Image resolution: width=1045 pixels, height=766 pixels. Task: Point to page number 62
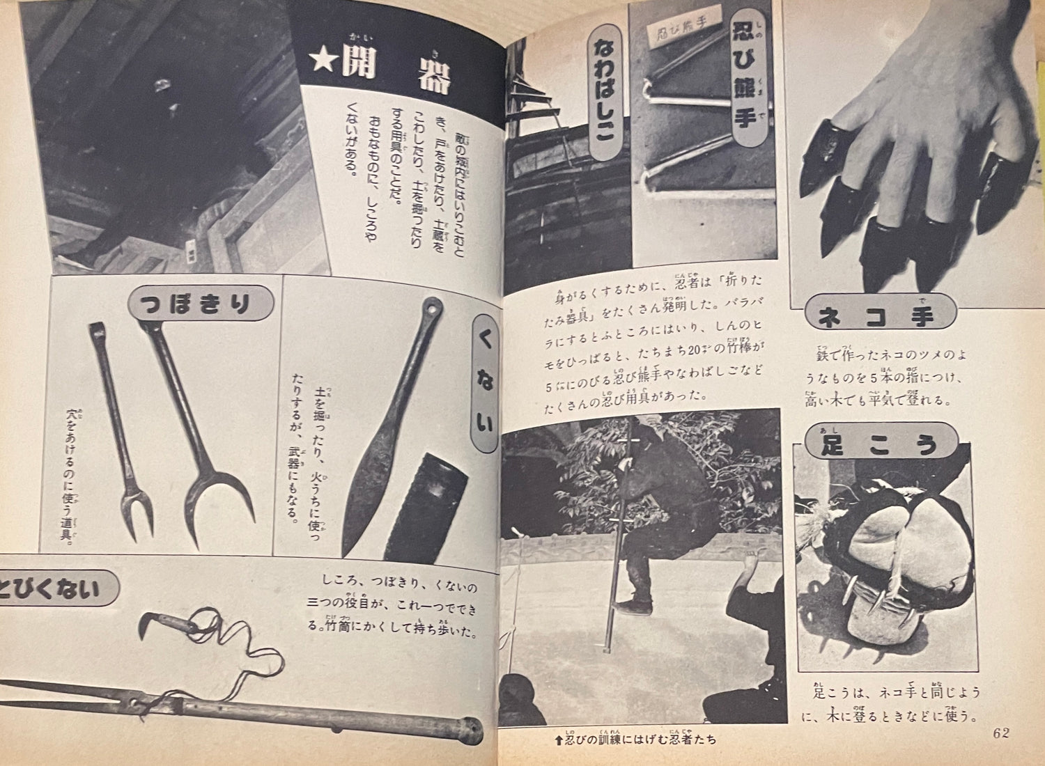(1001, 733)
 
